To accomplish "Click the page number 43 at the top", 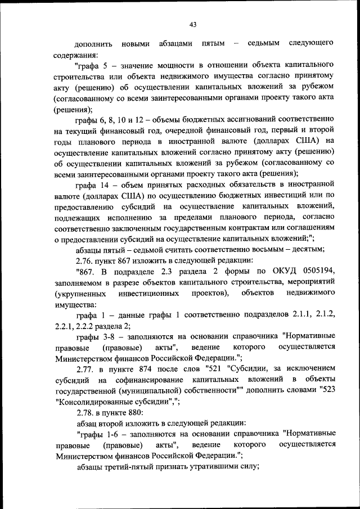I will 193,24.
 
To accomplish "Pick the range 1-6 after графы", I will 110,434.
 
